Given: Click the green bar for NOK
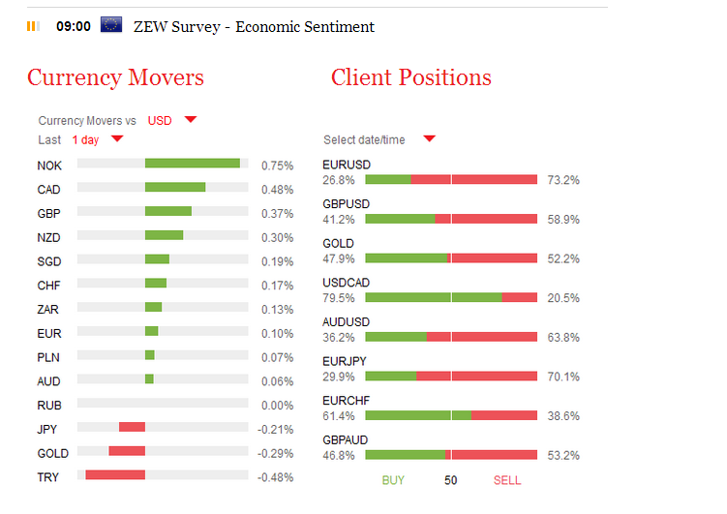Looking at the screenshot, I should point(193,164).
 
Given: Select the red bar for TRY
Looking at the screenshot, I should point(115,474).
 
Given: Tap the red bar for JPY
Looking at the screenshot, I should point(132,427).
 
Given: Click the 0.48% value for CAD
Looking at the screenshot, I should point(277,190).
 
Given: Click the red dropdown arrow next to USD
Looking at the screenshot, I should point(191,120).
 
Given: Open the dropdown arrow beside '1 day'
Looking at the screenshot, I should point(117,139).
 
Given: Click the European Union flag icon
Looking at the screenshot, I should point(111,25).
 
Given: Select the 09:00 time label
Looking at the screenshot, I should point(74,26).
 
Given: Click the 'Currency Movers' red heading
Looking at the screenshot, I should point(115,77).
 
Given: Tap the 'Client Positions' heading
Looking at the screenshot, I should point(410,77).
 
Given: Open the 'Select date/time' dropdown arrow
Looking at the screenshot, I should point(429,139).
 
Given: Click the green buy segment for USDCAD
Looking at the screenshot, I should point(434,297).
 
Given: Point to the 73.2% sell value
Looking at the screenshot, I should point(562,180).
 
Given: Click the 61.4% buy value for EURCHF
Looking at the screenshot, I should point(339,416).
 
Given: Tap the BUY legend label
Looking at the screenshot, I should point(393,480).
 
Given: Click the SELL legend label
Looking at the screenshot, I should point(507,480).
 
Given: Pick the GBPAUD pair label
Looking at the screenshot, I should point(345,440).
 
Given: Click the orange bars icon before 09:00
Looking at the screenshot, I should point(33,26).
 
